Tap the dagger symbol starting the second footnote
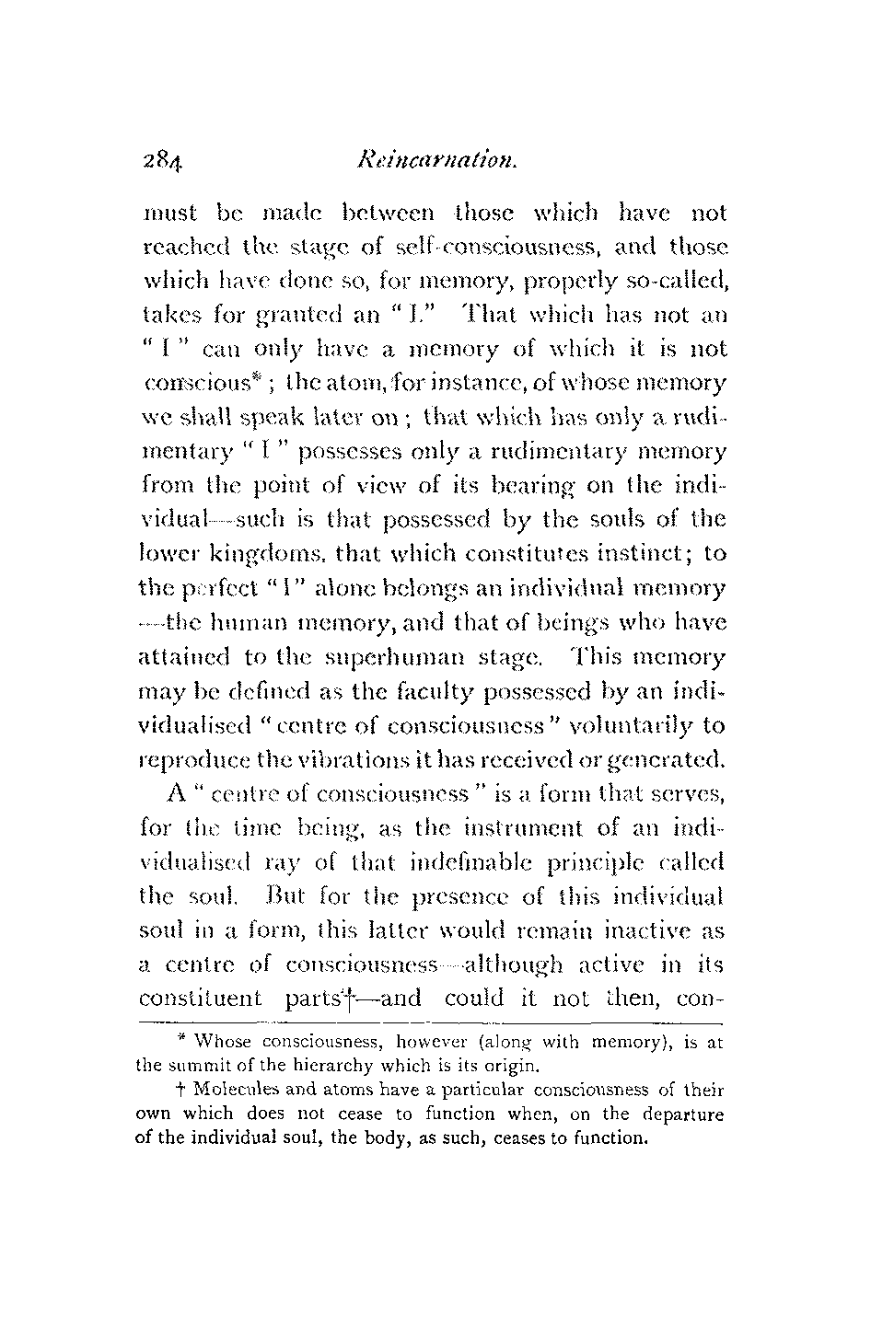[x=183, y=1090]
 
